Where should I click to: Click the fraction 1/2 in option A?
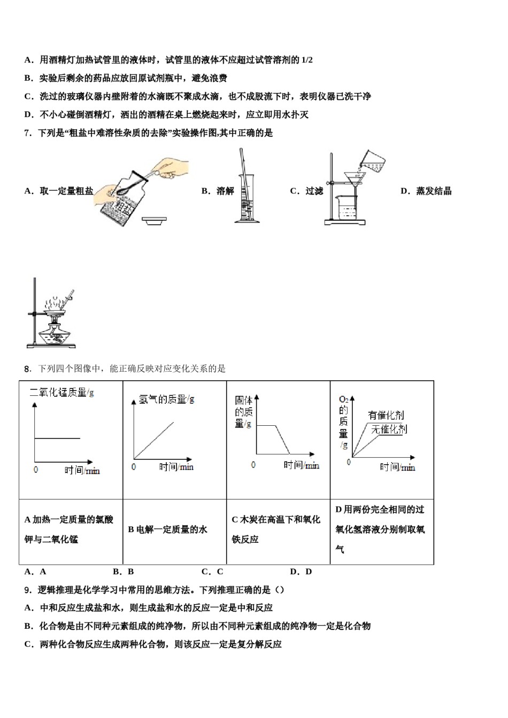click(306, 60)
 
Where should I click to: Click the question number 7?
click(28, 133)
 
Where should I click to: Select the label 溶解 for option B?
click(225, 191)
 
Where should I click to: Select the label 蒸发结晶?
click(434, 191)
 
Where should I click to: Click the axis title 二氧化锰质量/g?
click(61, 393)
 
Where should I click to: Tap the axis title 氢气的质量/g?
click(166, 399)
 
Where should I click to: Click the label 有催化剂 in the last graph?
click(386, 415)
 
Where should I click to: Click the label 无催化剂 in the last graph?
click(389, 429)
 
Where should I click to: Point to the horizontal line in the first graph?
click(57, 438)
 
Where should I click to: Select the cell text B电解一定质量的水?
click(167, 529)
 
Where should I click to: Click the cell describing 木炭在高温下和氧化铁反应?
click(276, 529)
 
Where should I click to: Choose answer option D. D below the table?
click(301, 572)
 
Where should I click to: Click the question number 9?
click(28, 590)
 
